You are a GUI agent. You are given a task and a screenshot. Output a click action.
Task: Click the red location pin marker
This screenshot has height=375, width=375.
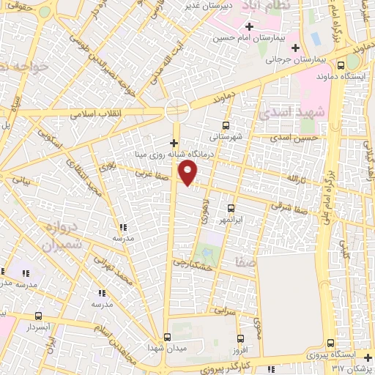click(x=189, y=173)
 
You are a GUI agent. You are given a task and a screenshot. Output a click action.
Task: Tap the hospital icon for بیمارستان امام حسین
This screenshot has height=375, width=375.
click(x=250, y=27)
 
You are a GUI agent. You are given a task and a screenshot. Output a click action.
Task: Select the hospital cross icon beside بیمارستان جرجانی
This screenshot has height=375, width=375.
click(x=295, y=48)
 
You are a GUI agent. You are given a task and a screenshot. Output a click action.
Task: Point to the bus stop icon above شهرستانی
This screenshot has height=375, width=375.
click(x=226, y=125)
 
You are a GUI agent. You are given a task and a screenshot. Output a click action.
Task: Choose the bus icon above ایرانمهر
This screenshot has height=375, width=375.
click(x=231, y=208)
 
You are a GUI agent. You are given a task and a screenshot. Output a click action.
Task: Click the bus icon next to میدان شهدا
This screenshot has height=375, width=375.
click(x=167, y=337)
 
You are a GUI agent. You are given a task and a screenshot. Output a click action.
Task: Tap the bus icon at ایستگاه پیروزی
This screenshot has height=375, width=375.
click(x=331, y=344)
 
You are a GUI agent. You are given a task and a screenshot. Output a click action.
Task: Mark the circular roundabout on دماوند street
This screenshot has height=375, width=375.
click(x=177, y=111)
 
